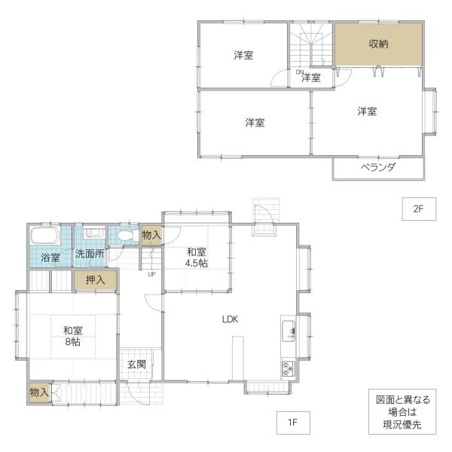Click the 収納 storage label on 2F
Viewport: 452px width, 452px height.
[379, 44]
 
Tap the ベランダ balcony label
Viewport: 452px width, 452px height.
[377, 167]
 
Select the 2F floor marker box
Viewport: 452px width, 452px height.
[419, 210]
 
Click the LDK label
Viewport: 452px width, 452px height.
[230, 319]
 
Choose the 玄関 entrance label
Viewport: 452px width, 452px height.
[136, 365]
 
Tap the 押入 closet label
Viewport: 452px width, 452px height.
[95, 279]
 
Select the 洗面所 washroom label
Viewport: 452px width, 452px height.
[89, 255]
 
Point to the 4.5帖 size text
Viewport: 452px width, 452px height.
[198, 263]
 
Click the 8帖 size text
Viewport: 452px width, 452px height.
[72, 341]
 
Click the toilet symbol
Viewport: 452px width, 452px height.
[125, 236]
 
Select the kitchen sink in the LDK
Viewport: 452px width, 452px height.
[289, 329]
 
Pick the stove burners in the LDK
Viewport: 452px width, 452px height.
[288, 368]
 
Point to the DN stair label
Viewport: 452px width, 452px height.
[299, 72]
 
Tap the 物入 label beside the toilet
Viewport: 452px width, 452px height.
[151, 236]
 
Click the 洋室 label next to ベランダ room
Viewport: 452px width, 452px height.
[367, 111]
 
